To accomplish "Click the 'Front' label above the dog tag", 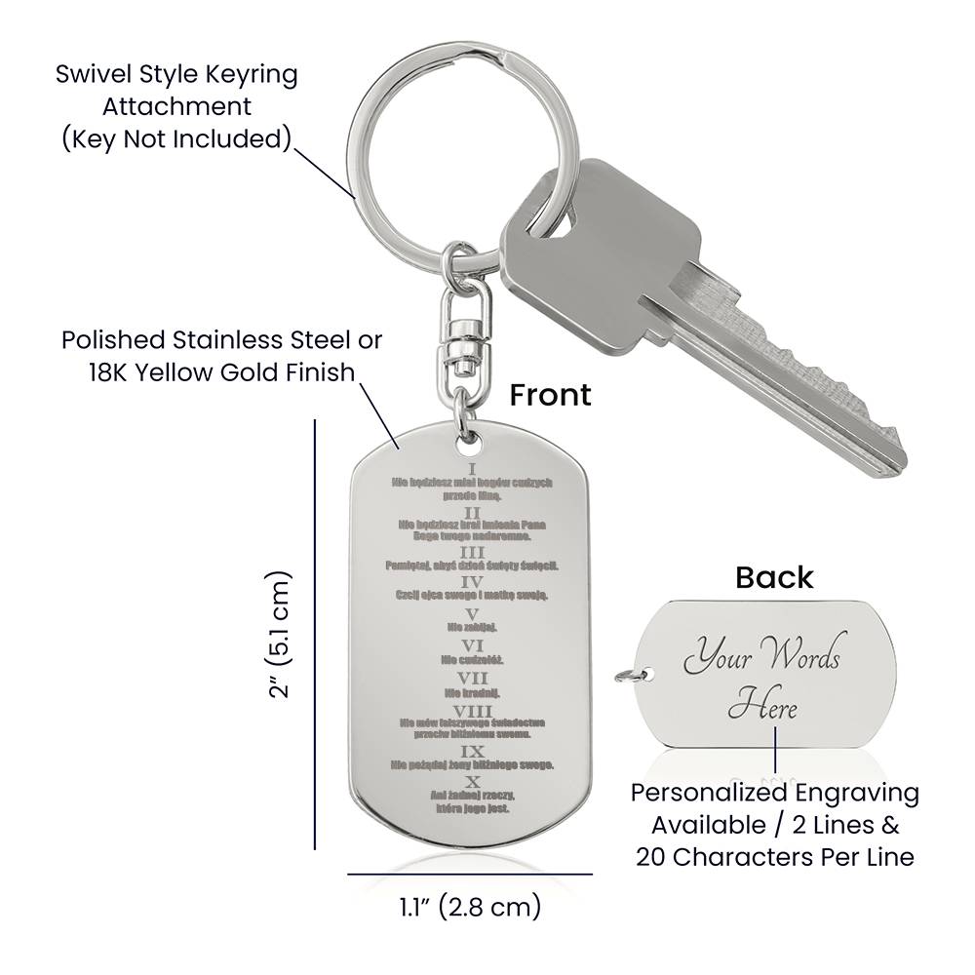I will coord(550,394).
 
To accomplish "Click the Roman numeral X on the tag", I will coord(473,782).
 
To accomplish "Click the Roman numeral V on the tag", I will coord(473,614).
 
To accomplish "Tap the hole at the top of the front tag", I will coord(473,444).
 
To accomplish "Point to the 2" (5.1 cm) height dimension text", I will coord(282,634).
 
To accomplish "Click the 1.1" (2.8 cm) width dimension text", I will coord(470,908).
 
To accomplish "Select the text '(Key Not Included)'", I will coord(176,138).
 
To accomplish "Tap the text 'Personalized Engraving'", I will coord(775,793).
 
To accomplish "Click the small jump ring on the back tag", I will coord(624,673).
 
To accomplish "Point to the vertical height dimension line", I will coord(315,634).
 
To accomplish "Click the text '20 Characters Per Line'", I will coord(775,857).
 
